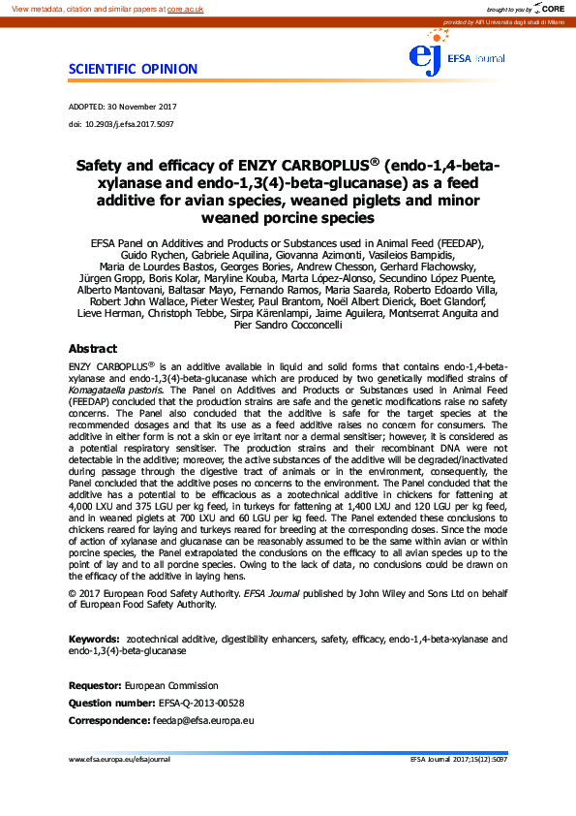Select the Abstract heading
point(92,349)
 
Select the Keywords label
point(94,640)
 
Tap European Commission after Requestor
point(171,686)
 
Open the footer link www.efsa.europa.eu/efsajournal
point(119,760)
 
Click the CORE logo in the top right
point(552,8)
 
